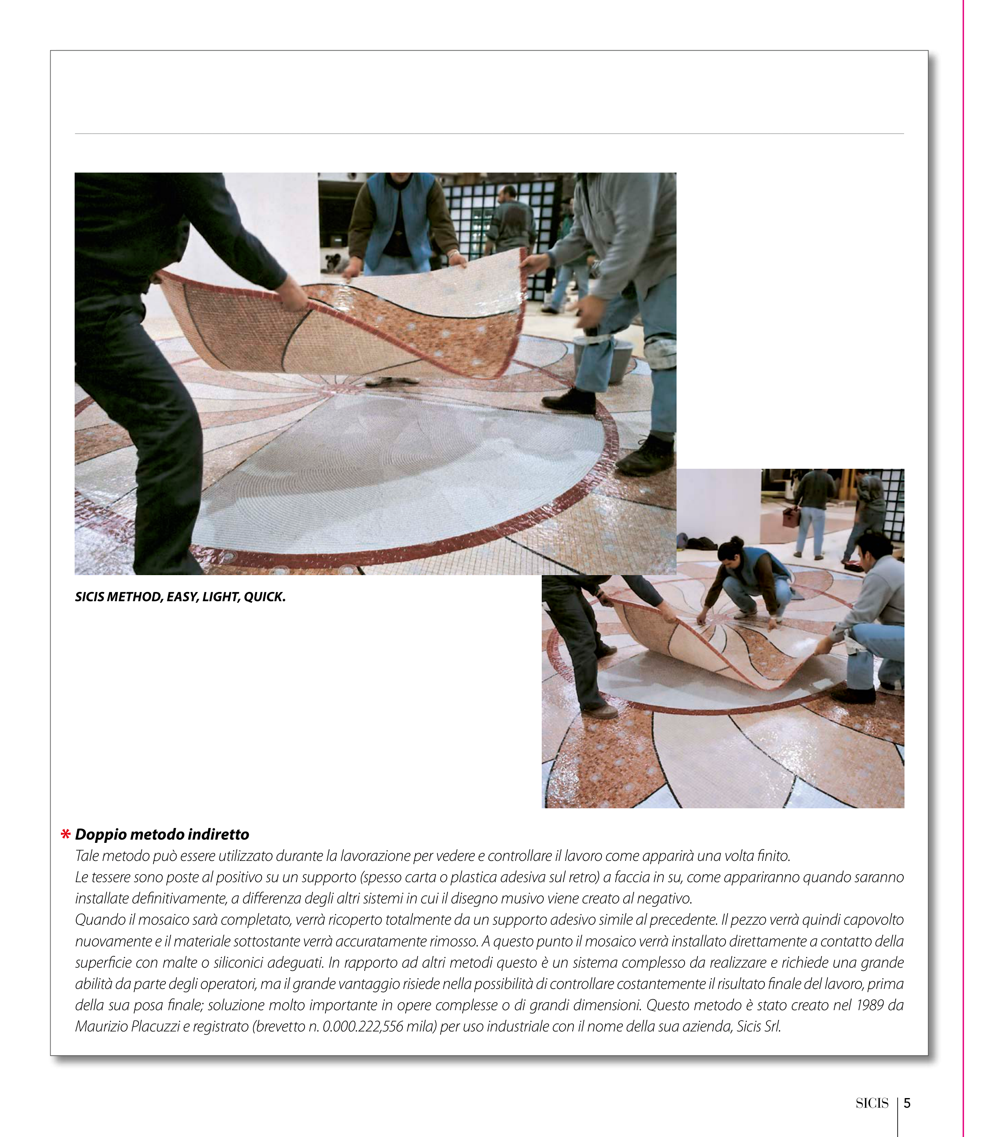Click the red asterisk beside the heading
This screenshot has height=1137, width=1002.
pyautogui.click(x=66, y=835)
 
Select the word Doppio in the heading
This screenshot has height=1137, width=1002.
pyautogui.click(x=99, y=835)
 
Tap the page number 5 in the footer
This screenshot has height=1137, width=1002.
pyautogui.click(x=907, y=1103)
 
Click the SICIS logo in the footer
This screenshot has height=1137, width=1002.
pyautogui.click(x=872, y=1103)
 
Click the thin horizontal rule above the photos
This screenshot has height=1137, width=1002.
pyautogui.click(x=489, y=134)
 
